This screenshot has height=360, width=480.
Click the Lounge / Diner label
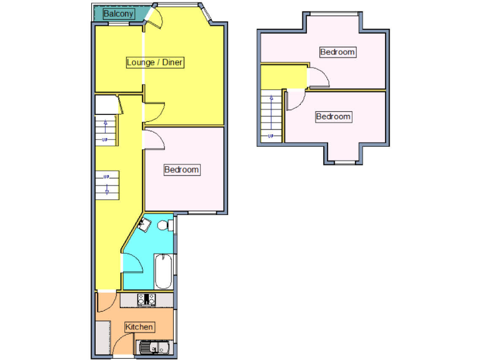[x=154, y=62]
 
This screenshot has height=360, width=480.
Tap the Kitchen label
[x=139, y=327]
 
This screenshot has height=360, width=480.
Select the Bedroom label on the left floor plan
[x=182, y=169]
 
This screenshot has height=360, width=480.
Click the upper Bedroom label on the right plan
[x=337, y=52]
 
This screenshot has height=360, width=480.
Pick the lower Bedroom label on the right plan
[x=333, y=116]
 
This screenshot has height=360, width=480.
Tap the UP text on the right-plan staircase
[x=271, y=136]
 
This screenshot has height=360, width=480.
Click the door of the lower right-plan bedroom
[x=295, y=100]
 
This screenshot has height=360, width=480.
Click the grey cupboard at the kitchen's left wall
[x=102, y=338]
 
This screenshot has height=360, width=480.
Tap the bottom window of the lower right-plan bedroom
[x=343, y=163]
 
